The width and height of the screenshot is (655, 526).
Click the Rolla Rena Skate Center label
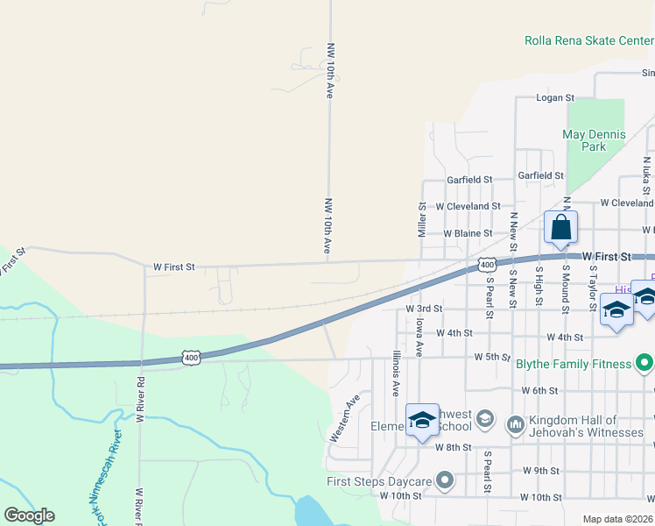click(x=588, y=40)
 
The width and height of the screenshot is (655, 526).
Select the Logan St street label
click(x=554, y=98)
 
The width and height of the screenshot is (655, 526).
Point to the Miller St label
click(x=421, y=220)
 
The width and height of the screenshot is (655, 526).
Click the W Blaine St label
click(x=468, y=234)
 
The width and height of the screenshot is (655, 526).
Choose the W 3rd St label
click(x=425, y=309)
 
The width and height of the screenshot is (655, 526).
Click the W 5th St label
click(x=492, y=357)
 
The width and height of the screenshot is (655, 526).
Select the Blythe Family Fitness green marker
click(x=645, y=363)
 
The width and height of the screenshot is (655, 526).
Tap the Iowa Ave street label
click(x=419, y=338)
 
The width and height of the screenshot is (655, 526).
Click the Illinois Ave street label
click(x=396, y=372)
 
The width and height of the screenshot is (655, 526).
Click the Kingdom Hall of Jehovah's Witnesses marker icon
click(x=515, y=424)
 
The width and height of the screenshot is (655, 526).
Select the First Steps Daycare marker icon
click(x=446, y=480)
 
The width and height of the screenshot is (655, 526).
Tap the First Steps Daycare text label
click(x=379, y=481)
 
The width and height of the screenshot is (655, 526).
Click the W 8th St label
click(x=453, y=447)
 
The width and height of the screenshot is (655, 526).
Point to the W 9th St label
click(x=540, y=471)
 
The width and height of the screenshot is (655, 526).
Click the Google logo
click(x=29, y=515)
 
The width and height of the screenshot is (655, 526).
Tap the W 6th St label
click(x=539, y=390)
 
